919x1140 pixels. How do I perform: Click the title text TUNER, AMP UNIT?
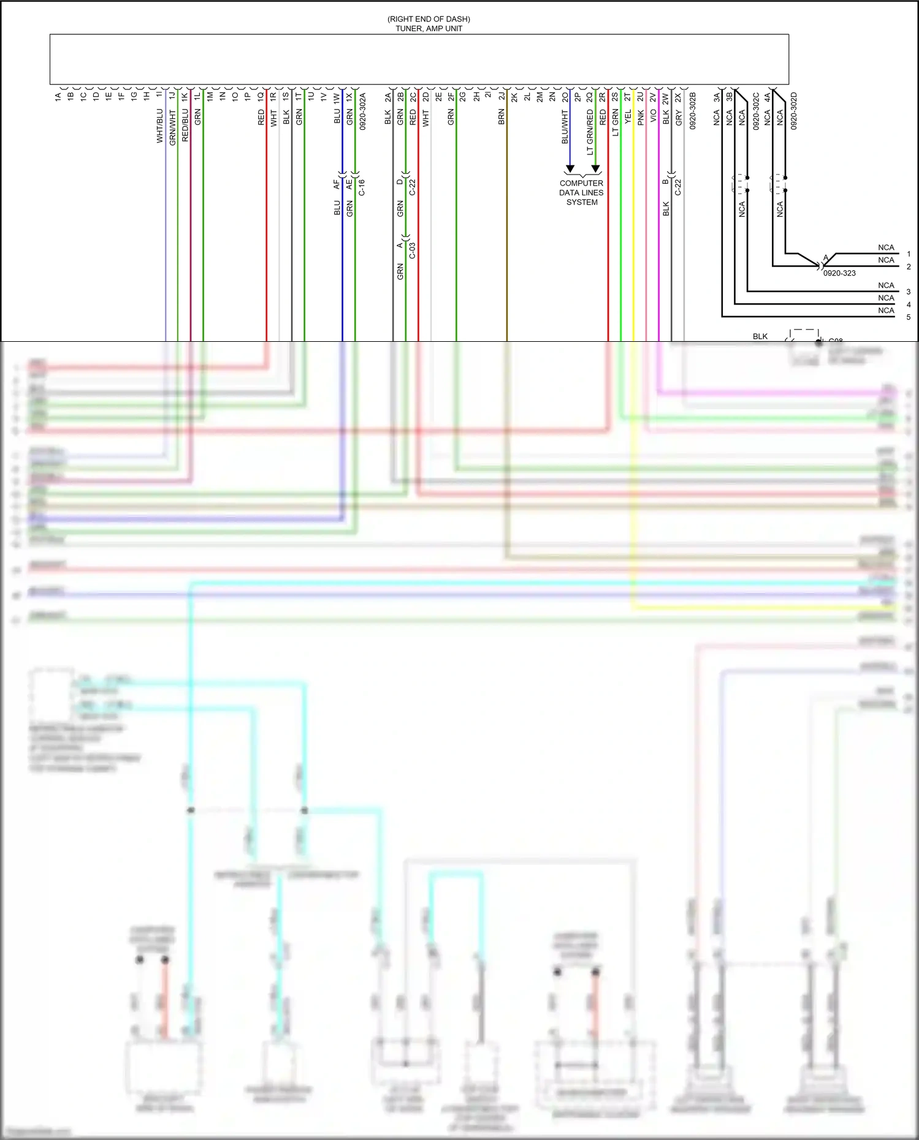(x=429, y=29)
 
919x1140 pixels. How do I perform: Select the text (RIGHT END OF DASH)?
(x=429, y=19)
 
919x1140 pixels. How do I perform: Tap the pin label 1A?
(x=58, y=96)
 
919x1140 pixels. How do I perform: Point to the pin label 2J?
(x=501, y=96)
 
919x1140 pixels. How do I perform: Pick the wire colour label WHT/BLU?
(x=160, y=126)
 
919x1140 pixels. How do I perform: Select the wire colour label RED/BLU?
(x=185, y=126)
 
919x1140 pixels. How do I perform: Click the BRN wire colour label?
(x=501, y=118)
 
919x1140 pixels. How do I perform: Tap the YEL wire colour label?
(x=628, y=117)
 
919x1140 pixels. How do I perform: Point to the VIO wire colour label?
(x=654, y=116)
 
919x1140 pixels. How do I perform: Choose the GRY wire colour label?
(x=679, y=118)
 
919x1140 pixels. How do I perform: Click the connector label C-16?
(x=362, y=187)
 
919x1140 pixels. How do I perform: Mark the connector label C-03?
(x=412, y=251)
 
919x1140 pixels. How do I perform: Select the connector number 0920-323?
(x=839, y=273)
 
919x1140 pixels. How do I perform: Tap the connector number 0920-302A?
(x=362, y=111)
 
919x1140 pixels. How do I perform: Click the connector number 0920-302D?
(x=793, y=111)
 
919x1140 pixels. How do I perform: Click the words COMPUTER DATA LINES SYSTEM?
(x=581, y=192)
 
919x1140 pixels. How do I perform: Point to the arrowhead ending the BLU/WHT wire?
(x=570, y=168)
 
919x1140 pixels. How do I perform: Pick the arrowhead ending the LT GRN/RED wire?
(x=595, y=168)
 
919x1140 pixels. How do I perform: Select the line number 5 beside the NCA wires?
(x=908, y=317)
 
